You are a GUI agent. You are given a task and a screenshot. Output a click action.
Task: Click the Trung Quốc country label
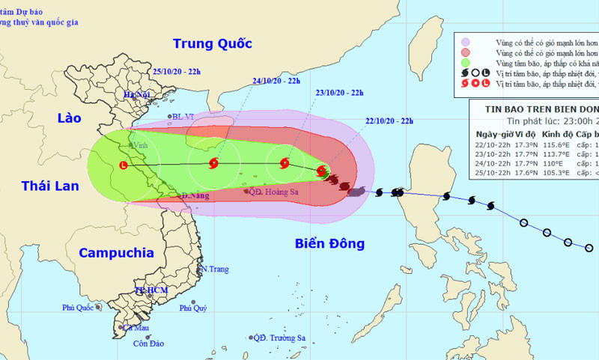pyautogui.click(x=212, y=43)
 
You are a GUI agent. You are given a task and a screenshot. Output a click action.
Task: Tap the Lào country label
pyautogui.click(x=63, y=118)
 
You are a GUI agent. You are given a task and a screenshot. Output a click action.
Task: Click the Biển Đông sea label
pyautogui.click(x=329, y=243)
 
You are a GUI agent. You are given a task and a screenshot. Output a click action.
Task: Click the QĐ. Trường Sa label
pyautogui.click(x=280, y=338)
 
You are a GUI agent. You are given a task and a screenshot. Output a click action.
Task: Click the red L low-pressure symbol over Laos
pyautogui.click(x=123, y=165)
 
